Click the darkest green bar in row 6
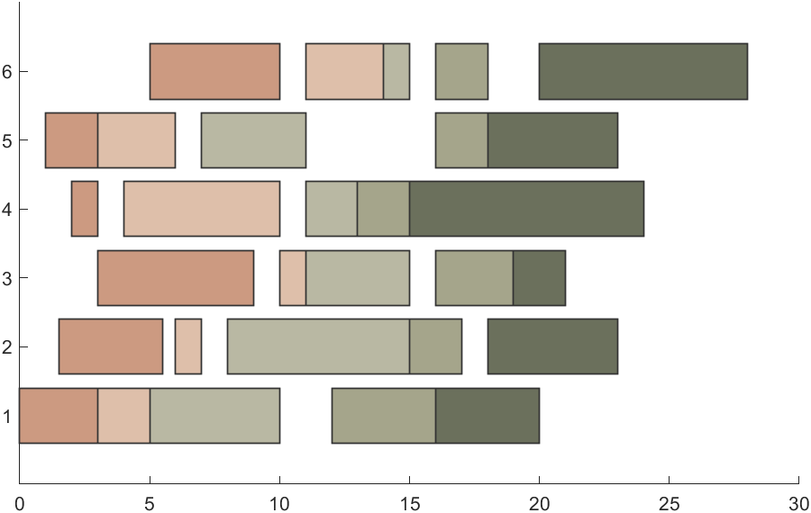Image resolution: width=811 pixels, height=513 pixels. point(642,71)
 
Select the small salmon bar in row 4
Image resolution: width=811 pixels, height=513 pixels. point(85,209)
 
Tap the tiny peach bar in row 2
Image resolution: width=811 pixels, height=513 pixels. point(187,346)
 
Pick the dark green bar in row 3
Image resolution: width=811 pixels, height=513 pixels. point(539,278)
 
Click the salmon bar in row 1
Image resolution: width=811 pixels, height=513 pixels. point(58,416)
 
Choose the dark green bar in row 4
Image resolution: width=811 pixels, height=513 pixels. point(526,209)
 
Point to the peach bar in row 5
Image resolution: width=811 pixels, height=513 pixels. point(136,140)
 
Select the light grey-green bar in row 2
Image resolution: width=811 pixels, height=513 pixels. point(318,346)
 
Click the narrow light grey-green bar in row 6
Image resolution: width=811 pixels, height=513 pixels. point(396,71)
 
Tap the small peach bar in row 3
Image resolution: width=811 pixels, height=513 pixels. point(292,278)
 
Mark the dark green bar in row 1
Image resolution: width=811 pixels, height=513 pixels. point(488,416)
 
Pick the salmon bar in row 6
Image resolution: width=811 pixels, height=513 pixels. point(214,71)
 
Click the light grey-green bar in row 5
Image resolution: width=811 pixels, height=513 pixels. point(253,140)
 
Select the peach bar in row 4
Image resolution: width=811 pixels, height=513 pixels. point(201,209)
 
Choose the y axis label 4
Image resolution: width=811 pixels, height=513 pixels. point(7,210)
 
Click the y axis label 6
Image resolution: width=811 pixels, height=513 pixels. point(7,72)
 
